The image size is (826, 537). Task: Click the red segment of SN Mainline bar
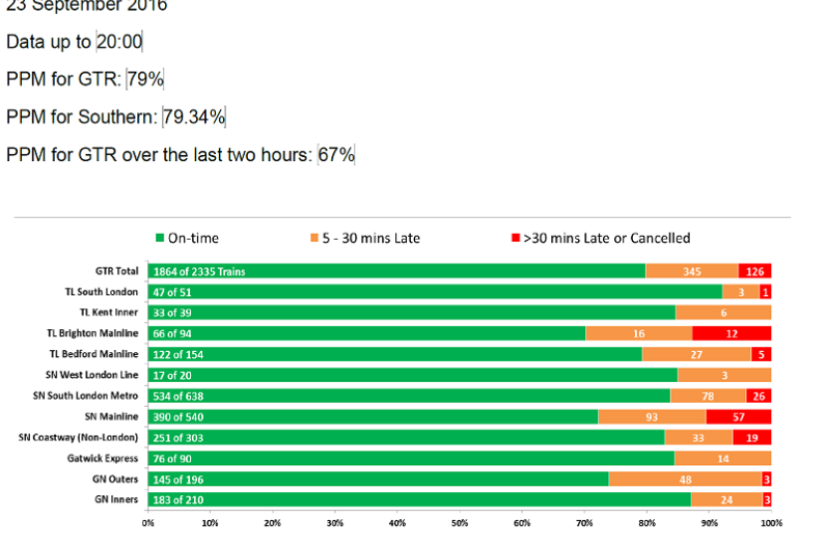click(751, 417)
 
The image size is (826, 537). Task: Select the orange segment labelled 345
click(692, 270)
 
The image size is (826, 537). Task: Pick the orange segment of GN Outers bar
click(685, 479)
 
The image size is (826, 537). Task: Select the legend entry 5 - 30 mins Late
click(365, 238)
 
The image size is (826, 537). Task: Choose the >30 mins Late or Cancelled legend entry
click(600, 238)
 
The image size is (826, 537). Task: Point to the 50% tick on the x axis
click(460, 521)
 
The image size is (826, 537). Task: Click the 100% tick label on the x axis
click(770, 521)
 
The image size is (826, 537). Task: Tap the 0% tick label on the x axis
click(148, 521)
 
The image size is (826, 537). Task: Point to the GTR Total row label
click(116, 270)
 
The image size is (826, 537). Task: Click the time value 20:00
click(119, 42)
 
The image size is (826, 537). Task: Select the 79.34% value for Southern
click(194, 117)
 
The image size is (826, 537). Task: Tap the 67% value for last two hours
click(336, 155)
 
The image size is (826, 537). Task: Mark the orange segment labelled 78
click(708, 396)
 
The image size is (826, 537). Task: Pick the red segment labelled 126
click(754, 270)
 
